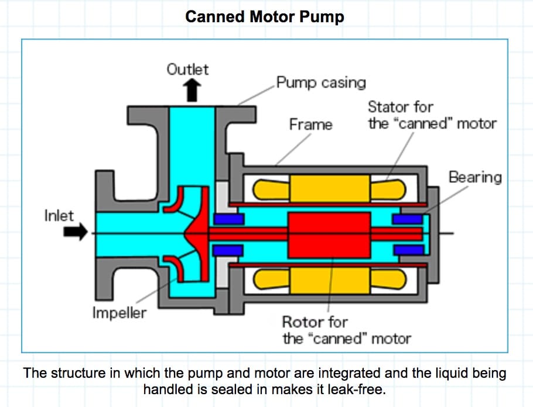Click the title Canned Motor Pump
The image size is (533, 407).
click(264, 17)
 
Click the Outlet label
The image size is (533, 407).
click(187, 69)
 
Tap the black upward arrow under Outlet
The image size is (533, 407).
click(189, 91)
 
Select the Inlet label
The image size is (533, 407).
click(59, 215)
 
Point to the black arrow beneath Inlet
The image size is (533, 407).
click(74, 232)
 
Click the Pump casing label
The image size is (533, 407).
click(321, 82)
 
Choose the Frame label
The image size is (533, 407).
click(310, 125)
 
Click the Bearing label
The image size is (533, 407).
click(475, 177)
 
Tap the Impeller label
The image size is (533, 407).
click(119, 312)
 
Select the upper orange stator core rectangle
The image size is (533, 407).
click(329, 188)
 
